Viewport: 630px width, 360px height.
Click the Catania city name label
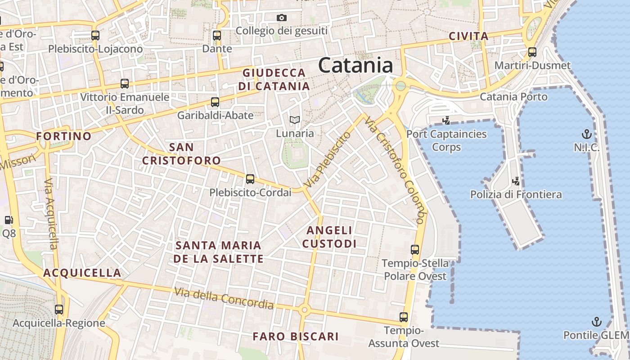point(355,66)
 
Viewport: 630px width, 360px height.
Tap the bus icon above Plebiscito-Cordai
point(250,179)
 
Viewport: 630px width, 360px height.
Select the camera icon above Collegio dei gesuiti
point(282,18)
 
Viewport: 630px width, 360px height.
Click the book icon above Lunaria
point(295,120)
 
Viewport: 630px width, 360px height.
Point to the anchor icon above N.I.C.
point(586,134)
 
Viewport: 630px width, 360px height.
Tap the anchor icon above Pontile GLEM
point(596,322)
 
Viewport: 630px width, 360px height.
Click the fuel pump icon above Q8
point(9,220)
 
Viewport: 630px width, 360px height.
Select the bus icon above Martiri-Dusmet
point(532,52)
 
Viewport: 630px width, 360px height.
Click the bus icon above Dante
point(217,36)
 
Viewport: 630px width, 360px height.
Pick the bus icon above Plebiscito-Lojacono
point(95,36)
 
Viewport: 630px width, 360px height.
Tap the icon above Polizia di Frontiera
point(516,181)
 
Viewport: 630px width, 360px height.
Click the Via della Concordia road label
point(224,298)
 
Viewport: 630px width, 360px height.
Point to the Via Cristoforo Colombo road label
point(395,171)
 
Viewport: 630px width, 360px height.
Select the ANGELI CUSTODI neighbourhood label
point(329,237)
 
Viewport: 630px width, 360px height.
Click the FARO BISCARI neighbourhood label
point(295,336)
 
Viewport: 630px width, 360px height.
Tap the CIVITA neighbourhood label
point(468,36)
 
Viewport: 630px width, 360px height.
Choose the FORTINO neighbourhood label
point(63,136)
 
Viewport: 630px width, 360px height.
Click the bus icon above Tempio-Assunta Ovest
point(404,317)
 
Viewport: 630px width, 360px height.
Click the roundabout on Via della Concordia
point(304,310)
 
